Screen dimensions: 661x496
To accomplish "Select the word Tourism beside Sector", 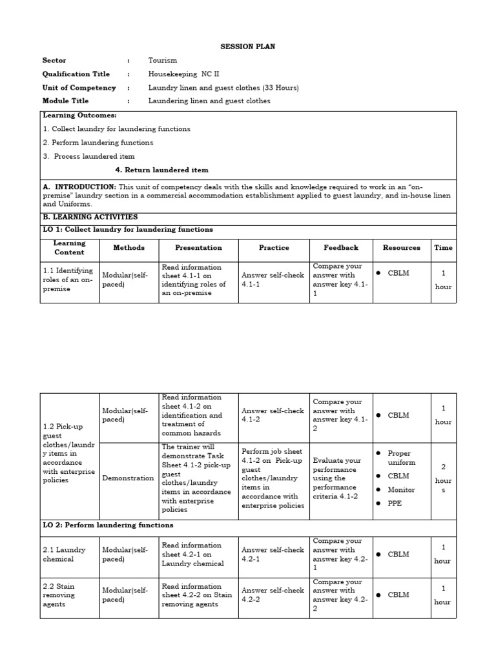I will (x=162, y=61).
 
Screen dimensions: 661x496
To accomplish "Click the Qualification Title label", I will (x=76, y=74).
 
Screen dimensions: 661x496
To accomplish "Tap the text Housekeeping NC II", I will (x=183, y=74).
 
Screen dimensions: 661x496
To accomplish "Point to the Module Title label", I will (x=65, y=101).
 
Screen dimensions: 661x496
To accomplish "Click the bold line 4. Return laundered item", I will (x=161, y=170).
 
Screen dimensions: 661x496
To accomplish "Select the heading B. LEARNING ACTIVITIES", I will (x=90, y=218).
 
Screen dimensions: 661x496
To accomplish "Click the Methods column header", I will (x=129, y=247).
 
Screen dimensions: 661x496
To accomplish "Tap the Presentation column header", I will (x=198, y=247).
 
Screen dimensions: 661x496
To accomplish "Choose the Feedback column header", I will (x=341, y=247).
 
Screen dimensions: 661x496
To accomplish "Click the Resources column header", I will (x=401, y=247).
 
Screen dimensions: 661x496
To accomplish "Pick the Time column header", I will (x=443, y=247).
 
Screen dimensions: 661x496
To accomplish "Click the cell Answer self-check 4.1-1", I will (x=273, y=280).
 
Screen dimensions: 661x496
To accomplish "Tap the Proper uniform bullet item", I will (x=401, y=458).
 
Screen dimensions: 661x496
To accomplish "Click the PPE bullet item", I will (x=395, y=503).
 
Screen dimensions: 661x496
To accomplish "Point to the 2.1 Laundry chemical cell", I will (x=61, y=554).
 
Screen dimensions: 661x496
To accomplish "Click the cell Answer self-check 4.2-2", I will (x=273, y=595).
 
